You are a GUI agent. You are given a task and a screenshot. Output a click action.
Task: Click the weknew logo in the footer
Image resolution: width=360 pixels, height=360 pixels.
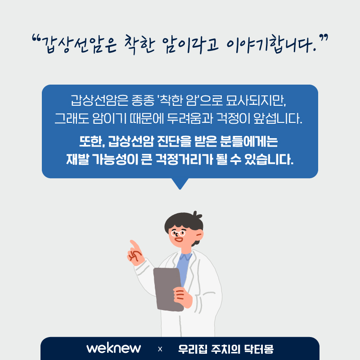tap(114, 348)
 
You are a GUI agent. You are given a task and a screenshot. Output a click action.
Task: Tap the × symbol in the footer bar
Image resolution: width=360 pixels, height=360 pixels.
tap(160, 349)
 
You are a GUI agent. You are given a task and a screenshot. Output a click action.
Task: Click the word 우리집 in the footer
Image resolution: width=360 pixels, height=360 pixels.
tap(193, 349)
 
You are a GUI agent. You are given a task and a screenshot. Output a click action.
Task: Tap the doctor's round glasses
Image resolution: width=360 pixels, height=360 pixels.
tap(178, 234)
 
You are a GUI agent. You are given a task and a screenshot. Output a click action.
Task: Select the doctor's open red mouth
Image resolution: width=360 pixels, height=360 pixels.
tap(179, 240)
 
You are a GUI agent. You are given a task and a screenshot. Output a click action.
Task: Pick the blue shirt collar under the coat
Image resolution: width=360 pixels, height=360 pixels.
tap(185, 256)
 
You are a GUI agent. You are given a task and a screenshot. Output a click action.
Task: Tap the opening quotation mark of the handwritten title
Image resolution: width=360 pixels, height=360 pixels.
tap(36, 38)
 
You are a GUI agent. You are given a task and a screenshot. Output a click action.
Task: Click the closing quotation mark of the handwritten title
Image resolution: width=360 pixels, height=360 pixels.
tap(324, 38)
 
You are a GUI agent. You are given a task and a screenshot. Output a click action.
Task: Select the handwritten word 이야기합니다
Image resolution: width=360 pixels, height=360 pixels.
tap(270, 44)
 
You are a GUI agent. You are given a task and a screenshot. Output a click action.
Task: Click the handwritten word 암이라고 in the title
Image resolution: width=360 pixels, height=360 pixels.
tap(190, 45)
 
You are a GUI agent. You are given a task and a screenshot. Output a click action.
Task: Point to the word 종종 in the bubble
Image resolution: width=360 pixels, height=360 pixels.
tap(143, 100)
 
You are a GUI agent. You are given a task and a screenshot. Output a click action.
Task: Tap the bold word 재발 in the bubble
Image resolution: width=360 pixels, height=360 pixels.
tap(77, 159)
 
